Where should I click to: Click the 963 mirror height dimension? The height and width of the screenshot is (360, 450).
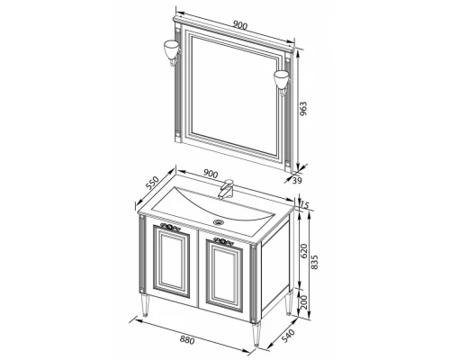point(303,109)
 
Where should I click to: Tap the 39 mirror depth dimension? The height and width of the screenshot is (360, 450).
point(297,180)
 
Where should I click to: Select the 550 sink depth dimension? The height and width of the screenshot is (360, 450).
point(152,183)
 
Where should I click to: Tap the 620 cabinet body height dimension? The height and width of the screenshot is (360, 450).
point(304,251)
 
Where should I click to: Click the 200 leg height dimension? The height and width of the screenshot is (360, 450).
point(303,302)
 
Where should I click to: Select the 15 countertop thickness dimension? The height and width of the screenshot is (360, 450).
point(304,205)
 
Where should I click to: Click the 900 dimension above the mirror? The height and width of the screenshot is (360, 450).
point(240,26)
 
